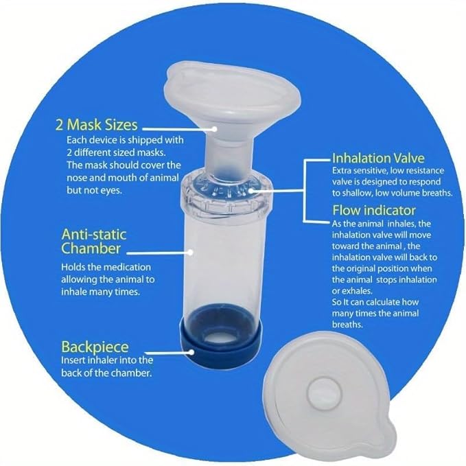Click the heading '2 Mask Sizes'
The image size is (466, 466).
[x=96, y=125]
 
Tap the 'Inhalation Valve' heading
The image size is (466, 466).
[x=378, y=158]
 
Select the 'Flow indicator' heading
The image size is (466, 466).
[x=374, y=211]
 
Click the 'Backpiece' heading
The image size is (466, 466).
[x=95, y=347]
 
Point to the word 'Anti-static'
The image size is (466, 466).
[x=94, y=235]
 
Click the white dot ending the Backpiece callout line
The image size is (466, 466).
[x=191, y=352]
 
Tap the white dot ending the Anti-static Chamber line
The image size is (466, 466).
[x=191, y=253]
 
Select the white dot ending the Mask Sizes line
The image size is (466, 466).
[x=214, y=129]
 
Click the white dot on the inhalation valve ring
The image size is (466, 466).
[x=252, y=191]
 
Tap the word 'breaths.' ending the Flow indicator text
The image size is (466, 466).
[x=347, y=325]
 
